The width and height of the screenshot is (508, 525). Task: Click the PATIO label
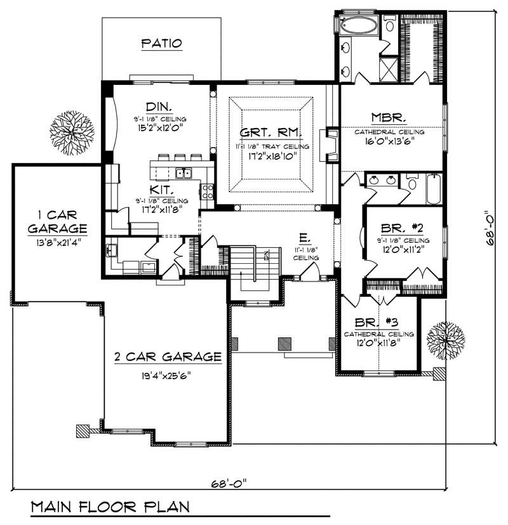coord(161,44)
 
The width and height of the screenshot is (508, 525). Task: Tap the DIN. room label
coord(156,107)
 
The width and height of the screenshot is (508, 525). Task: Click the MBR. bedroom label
coord(389,118)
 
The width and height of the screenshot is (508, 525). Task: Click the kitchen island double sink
coord(184,173)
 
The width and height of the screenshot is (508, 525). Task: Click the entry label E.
coord(305,238)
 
